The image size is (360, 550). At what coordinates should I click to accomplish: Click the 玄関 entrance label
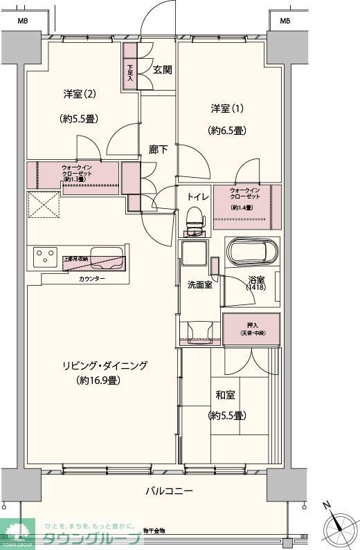tap(163, 69)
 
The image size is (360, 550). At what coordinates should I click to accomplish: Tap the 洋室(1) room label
tap(227, 109)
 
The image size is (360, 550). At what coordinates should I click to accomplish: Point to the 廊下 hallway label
tap(159, 149)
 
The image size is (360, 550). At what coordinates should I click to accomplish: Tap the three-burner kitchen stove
tap(44, 257)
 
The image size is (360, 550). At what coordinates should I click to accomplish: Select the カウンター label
tap(92, 278)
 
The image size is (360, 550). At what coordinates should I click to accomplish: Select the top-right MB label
tap(285, 21)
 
